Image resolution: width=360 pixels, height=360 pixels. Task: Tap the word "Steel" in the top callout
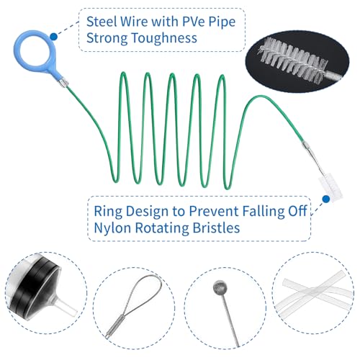pos(101,22)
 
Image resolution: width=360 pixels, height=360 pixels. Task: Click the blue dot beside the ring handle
pos(54,37)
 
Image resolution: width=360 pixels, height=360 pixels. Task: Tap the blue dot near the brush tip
pos(325,199)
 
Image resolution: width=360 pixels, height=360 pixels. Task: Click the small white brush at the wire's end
pos(330,186)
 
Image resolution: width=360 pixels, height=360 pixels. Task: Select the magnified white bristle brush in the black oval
pos(292,60)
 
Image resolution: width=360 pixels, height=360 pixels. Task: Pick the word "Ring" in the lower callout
pos(108,212)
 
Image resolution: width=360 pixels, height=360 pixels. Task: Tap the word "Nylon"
pos(113,228)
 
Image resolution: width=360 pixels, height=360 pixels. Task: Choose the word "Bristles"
pos(216,228)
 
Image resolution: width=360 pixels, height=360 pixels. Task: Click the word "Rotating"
pos(162,228)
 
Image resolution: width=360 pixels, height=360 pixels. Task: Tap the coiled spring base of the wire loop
pos(114,327)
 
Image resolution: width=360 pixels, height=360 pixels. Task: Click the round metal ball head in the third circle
pos(220,287)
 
